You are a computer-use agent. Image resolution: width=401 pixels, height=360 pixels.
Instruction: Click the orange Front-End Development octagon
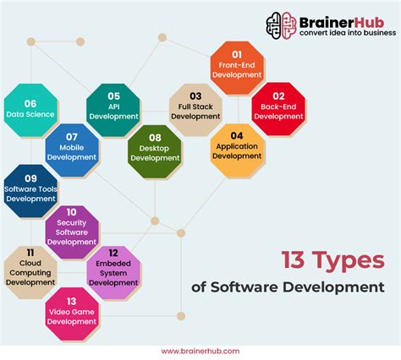(x=238, y=67)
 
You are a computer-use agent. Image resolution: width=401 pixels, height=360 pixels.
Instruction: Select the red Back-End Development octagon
(x=278, y=109)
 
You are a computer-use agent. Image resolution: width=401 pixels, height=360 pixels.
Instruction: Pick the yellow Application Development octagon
(x=237, y=149)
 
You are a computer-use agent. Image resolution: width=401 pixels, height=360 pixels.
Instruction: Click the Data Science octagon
(x=30, y=109)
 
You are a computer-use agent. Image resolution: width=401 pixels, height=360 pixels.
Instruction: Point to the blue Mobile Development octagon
(x=72, y=150)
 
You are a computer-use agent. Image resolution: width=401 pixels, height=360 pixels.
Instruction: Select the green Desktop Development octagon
(x=155, y=151)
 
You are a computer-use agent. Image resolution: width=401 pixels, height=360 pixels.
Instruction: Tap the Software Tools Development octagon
(x=30, y=192)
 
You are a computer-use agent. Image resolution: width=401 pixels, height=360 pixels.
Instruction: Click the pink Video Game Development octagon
(x=72, y=313)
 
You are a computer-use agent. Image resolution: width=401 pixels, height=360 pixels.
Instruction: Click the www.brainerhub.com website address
(x=200, y=350)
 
